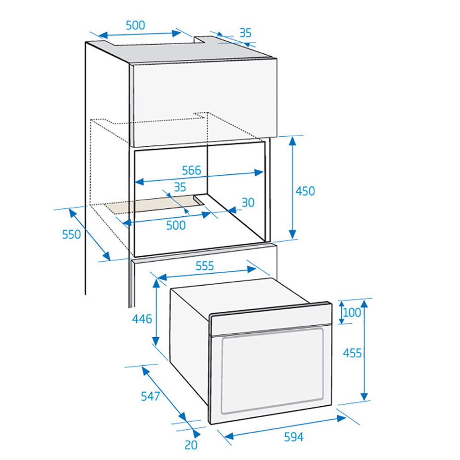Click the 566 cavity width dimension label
click(x=191, y=171)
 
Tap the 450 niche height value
click(x=305, y=191)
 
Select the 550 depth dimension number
click(x=71, y=235)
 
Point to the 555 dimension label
click(x=205, y=266)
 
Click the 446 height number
click(x=142, y=319)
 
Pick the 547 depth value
click(x=150, y=397)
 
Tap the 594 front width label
click(x=293, y=437)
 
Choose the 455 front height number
click(x=352, y=353)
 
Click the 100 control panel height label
click(x=352, y=313)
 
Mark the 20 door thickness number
click(x=191, y=445)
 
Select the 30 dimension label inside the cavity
click(x=248, y=202)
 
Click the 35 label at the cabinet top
click(x=246, y=33)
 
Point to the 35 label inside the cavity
click(x=180, y=187)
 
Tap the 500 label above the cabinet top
click(x=135, y=25)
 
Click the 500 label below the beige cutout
click(x=176, y=225)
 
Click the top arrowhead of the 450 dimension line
click(x=292, y=141)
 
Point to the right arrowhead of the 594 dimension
click(x=341, y=418)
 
